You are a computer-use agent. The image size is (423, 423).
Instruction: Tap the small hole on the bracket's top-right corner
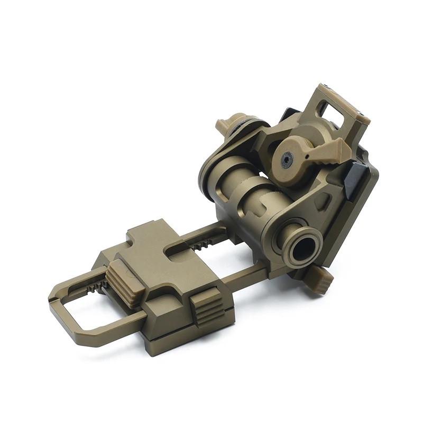(x=362, y=115)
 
